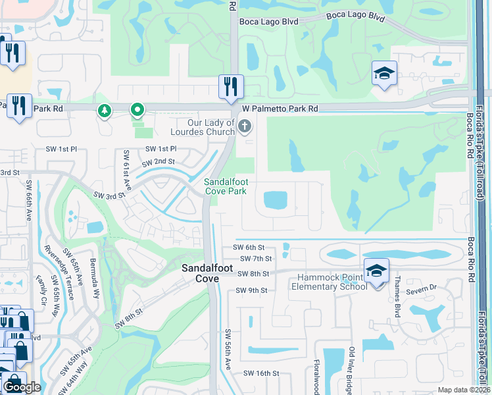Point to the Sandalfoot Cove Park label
225,186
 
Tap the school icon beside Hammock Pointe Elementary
376,271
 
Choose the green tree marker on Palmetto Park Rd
104,110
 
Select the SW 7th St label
256,259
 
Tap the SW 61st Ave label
127,167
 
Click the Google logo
22,387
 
